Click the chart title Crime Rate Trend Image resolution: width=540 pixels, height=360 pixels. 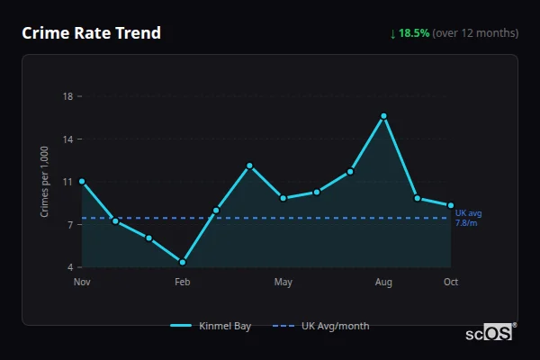(x=91, y=33)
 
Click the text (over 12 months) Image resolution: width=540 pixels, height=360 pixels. (x=475, y=33)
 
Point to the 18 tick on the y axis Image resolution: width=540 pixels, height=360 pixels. (x=67, y=96)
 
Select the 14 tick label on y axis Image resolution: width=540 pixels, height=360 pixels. (x=67, y=139)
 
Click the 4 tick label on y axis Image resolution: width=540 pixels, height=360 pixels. (x=70, y=267)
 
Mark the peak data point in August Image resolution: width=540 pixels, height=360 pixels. (x=383, y=116)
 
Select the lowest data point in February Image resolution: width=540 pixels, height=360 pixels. (x=183, y=262)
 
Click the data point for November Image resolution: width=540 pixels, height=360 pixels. (x=82, y=181)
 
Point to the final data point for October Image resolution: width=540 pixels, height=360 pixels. (x=451, y=206)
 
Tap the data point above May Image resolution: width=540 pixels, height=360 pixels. (x=283, y=198)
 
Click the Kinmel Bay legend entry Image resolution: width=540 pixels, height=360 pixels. (x=211, y=326)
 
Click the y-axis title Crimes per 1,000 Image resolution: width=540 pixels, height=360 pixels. (x=45, y=181)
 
